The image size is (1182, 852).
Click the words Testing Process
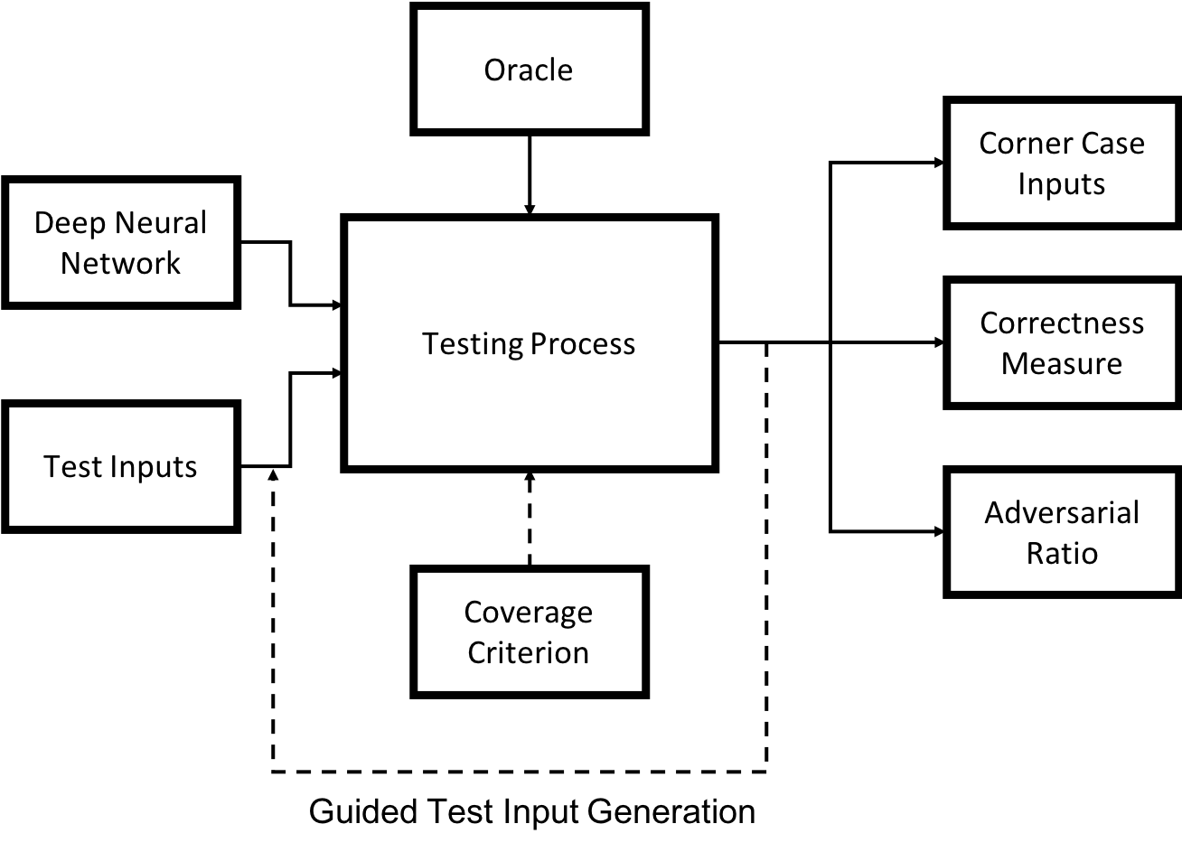click(529, 344)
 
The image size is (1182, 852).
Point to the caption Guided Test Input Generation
click(532, 811)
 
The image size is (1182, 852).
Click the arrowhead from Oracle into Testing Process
click(530, 209)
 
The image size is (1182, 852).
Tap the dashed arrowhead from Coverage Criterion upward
click(530, 476)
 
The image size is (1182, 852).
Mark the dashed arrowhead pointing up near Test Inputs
click(273, 475)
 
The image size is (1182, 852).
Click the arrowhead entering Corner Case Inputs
click(939, 163)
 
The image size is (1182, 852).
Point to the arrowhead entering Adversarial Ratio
click(939, 531)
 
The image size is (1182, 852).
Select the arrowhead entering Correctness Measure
click(939, 342)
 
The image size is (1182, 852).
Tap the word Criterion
click(529, 652)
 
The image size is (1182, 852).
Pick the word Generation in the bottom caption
click(671, 811)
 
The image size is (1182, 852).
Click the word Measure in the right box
click(1062, 363)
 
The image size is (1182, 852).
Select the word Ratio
click(1062, 553)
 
